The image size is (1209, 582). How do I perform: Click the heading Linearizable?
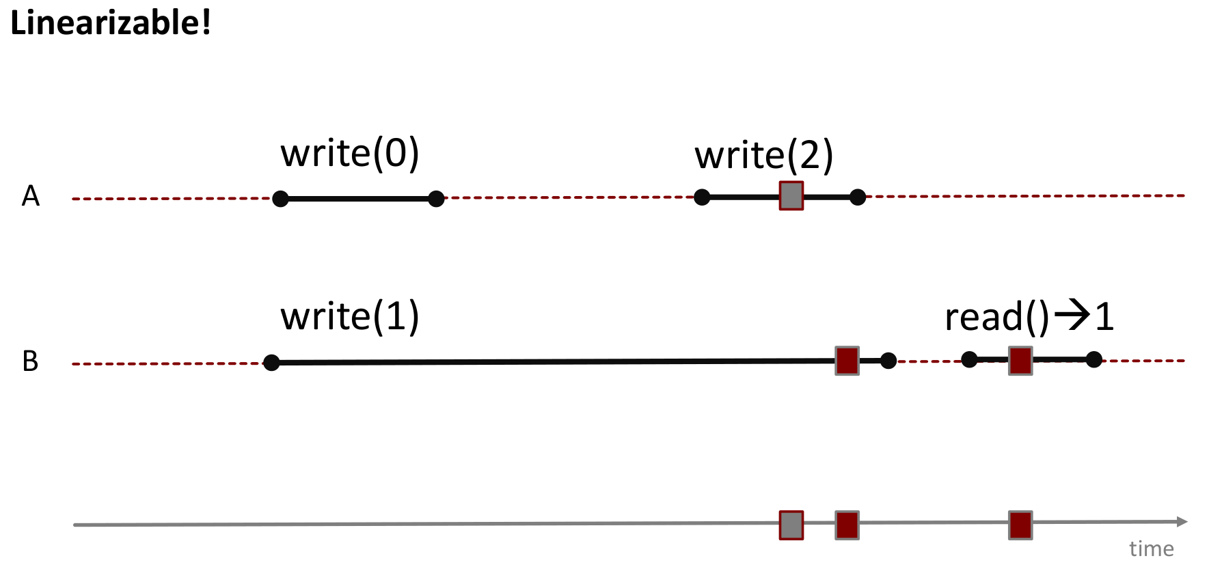point(111,23)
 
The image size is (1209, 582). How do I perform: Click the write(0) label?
point(349,153)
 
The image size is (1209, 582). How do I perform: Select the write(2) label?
point(763,155)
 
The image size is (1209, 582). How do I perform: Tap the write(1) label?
point(349,317)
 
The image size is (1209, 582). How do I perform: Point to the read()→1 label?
point(1029,317)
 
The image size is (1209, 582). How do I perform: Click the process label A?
point(31,196)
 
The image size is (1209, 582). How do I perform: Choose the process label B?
point(31,361)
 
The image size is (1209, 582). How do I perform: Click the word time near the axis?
point(1151,549)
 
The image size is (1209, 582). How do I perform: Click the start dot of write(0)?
point(280,199)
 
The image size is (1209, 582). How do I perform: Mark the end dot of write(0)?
point(436,199)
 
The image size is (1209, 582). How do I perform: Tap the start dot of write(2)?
point(702,197)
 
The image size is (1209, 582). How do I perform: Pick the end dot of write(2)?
point(858,197)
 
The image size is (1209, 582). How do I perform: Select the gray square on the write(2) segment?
point(791,196)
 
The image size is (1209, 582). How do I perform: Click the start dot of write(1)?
point(271,363)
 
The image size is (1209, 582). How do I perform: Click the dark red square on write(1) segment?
point(847,361)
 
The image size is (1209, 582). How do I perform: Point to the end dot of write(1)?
point(888,361)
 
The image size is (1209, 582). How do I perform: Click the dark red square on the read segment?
point(1020,361)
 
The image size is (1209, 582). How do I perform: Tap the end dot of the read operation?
point(1093,359)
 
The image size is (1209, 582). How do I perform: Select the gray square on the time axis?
point(791,525)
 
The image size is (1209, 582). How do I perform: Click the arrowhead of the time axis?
point(1182,522)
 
